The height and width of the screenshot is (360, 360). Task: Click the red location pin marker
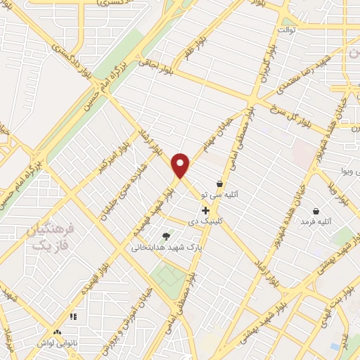(181, 165)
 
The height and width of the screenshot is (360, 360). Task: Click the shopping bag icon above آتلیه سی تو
(219, 184)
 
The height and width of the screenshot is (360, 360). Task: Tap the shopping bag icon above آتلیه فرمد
(315, 211)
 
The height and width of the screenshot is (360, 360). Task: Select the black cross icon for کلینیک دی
(205, 210)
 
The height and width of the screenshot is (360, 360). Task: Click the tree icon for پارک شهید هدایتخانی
(166, 236)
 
